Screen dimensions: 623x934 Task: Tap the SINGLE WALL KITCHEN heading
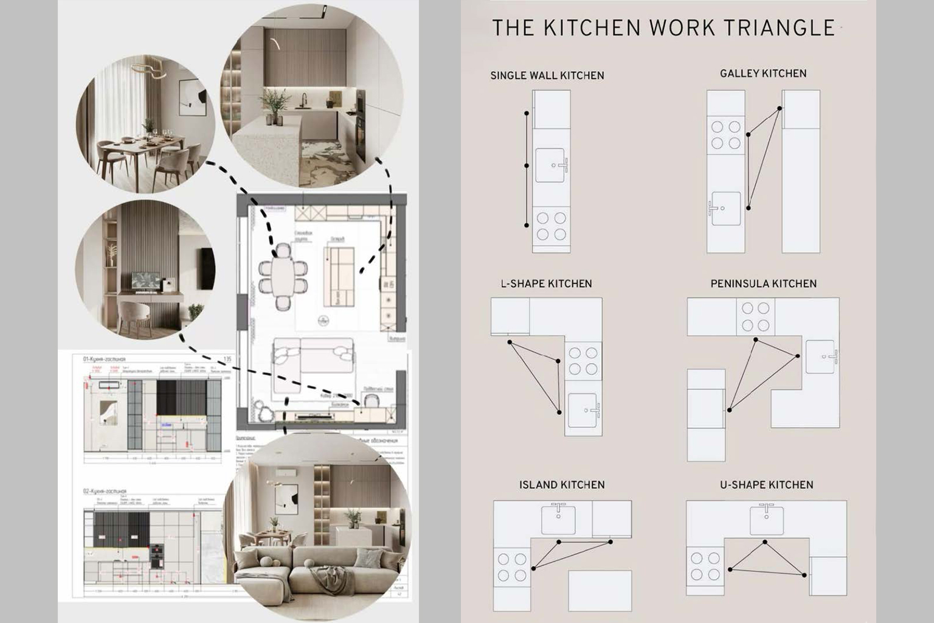547,75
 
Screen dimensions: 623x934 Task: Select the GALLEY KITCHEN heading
763,74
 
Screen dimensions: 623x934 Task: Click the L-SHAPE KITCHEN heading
546,284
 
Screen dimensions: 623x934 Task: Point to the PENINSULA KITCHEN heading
763,284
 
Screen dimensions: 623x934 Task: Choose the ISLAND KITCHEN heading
562,485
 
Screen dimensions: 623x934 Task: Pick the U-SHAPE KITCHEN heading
766,485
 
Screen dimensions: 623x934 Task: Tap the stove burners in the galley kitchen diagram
726,135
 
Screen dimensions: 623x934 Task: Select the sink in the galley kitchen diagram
726,208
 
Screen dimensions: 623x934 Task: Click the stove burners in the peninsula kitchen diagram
755,317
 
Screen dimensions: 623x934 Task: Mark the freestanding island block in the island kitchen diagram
600,590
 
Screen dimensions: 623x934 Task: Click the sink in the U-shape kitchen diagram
766,520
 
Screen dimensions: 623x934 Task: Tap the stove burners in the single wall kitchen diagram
551,226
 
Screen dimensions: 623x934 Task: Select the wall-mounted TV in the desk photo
207,268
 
